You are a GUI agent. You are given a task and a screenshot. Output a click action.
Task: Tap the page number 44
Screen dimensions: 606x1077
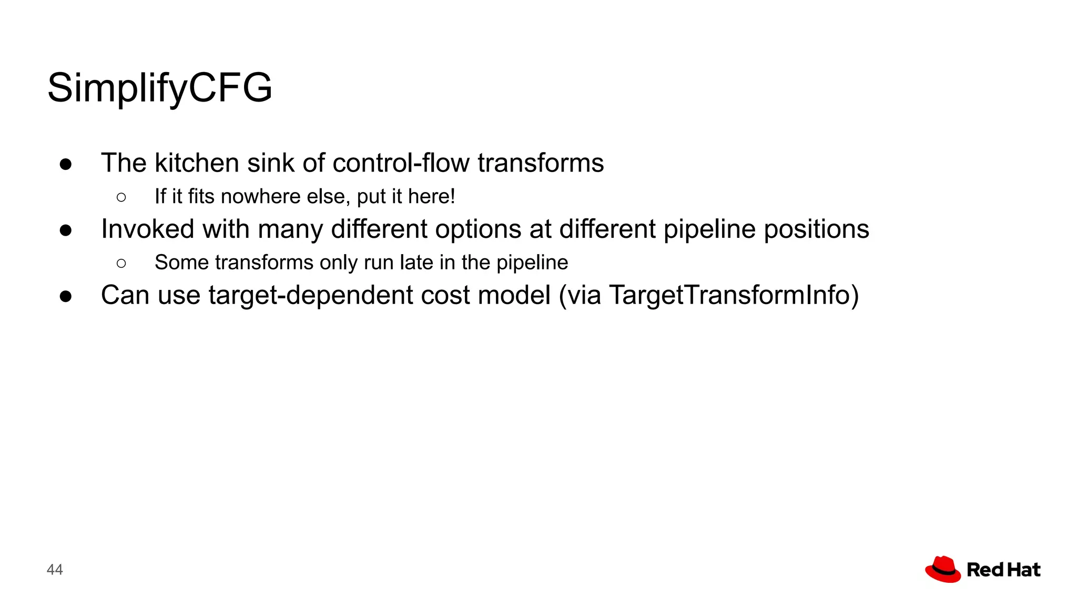click(x=55, y=570)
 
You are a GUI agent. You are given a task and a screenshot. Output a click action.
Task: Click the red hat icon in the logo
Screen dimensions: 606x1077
click(x=943, y=570)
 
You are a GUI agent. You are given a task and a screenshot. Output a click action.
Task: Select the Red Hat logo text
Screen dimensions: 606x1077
click(x=1003, y=570)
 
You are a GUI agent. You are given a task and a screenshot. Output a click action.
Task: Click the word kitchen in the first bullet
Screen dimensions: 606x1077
click(x=197, y=163)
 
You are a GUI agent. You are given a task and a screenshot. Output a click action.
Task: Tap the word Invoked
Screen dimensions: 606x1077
click(x=148, y=229)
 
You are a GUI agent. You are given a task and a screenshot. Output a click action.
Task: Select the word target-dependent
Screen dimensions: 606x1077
click(x=310, y=296)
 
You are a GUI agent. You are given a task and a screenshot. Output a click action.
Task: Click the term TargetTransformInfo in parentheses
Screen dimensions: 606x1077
click(x=730, y=296)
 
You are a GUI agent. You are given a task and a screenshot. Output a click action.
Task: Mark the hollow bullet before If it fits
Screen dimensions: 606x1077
click(x=121, y=198)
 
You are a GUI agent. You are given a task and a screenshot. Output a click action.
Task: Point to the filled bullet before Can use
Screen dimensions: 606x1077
click(x=66, y=297)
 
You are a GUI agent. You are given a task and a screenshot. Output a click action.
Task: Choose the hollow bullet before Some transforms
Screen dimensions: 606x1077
click(x=121, y=264)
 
